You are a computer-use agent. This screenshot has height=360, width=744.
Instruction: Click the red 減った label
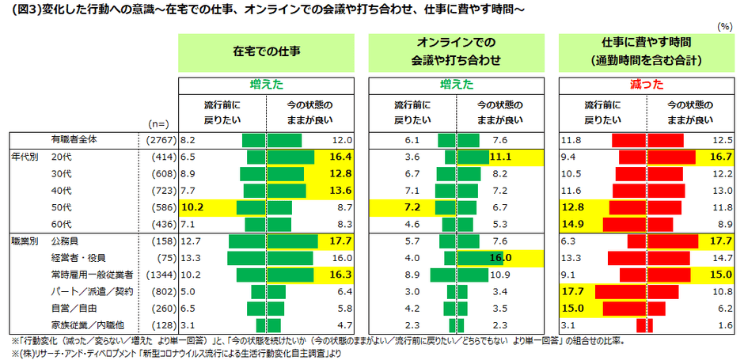coord(642,83)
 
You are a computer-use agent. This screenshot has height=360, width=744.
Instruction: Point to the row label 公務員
coord(65,240)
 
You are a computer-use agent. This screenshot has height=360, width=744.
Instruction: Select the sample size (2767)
coord(158,140)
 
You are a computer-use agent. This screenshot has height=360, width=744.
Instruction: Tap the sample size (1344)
coord(158,275)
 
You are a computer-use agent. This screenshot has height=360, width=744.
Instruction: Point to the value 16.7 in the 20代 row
coord(720,157)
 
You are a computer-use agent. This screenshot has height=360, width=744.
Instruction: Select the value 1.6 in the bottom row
coord(723,325)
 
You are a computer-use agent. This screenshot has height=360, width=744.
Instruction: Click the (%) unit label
coord(723,27)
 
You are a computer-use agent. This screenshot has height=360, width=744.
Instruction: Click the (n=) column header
coord(158,123)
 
